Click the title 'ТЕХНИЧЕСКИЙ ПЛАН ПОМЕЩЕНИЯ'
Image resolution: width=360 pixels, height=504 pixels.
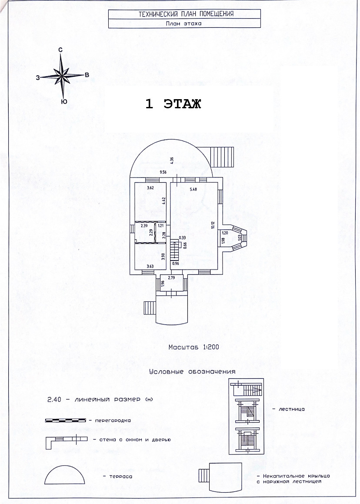(x=186, y=14)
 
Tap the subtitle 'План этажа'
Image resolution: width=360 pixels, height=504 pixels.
(x=183, y=24)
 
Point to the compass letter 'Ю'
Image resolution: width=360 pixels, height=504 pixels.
(x=63, y=101)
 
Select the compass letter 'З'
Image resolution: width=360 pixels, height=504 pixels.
(x=38, y=77)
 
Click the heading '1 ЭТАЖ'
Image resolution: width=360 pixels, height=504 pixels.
(x=173, y=104)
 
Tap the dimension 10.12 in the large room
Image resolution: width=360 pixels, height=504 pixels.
(x=213, y=224)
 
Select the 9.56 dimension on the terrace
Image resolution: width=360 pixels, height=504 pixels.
(x=163, y=173)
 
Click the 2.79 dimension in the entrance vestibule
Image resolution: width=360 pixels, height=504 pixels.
(x=171, y=277)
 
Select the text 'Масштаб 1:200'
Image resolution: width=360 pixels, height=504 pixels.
(x=193, y=347)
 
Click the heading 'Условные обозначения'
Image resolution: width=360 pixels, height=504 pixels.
(x=192, y=372)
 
